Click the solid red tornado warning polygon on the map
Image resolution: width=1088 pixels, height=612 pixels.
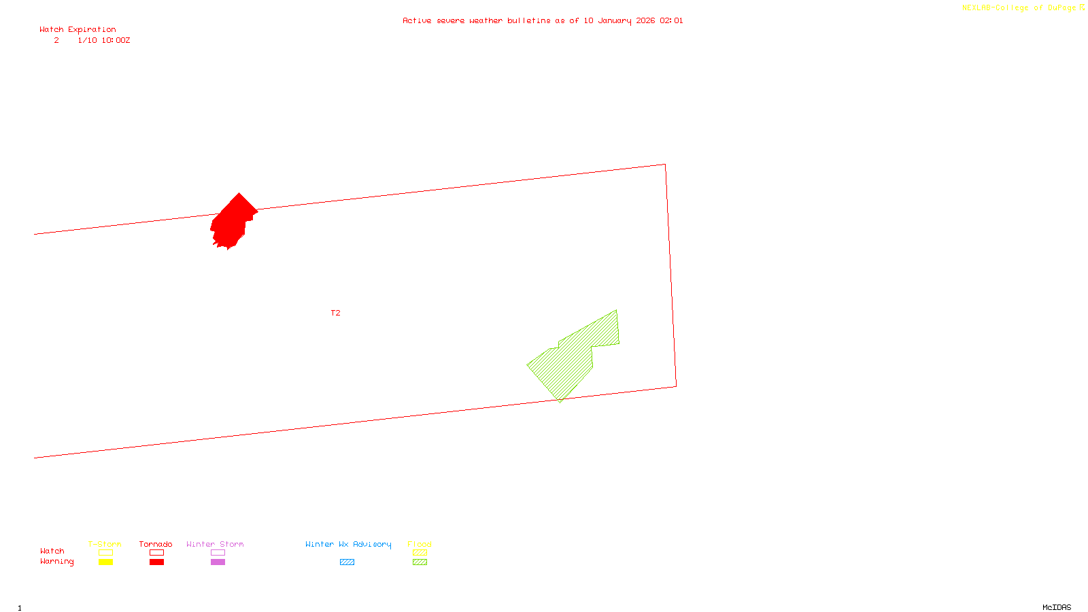231,221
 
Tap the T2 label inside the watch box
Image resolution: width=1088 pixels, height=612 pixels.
335,313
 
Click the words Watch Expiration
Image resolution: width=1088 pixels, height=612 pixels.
78,29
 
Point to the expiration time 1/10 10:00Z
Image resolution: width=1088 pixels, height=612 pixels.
103,40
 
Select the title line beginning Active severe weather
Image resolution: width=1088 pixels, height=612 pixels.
542,20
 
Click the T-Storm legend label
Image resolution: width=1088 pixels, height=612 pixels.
105,544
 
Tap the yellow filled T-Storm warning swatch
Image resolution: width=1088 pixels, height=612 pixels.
105,562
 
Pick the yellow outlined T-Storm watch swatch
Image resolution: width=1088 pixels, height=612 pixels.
105,553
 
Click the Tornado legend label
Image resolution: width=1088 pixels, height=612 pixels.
156,544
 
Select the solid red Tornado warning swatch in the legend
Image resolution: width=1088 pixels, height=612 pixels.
156,562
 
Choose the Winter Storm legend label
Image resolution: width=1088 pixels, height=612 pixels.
215,544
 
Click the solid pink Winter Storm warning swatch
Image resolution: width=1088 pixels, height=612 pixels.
218,562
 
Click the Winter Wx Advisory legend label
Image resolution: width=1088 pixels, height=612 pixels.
348,544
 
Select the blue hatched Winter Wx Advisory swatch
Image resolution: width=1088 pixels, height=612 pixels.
347,562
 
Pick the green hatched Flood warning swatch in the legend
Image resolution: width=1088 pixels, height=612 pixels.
420,562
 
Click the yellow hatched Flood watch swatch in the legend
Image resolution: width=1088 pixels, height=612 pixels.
420,553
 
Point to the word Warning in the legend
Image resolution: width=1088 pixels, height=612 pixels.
56,562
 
